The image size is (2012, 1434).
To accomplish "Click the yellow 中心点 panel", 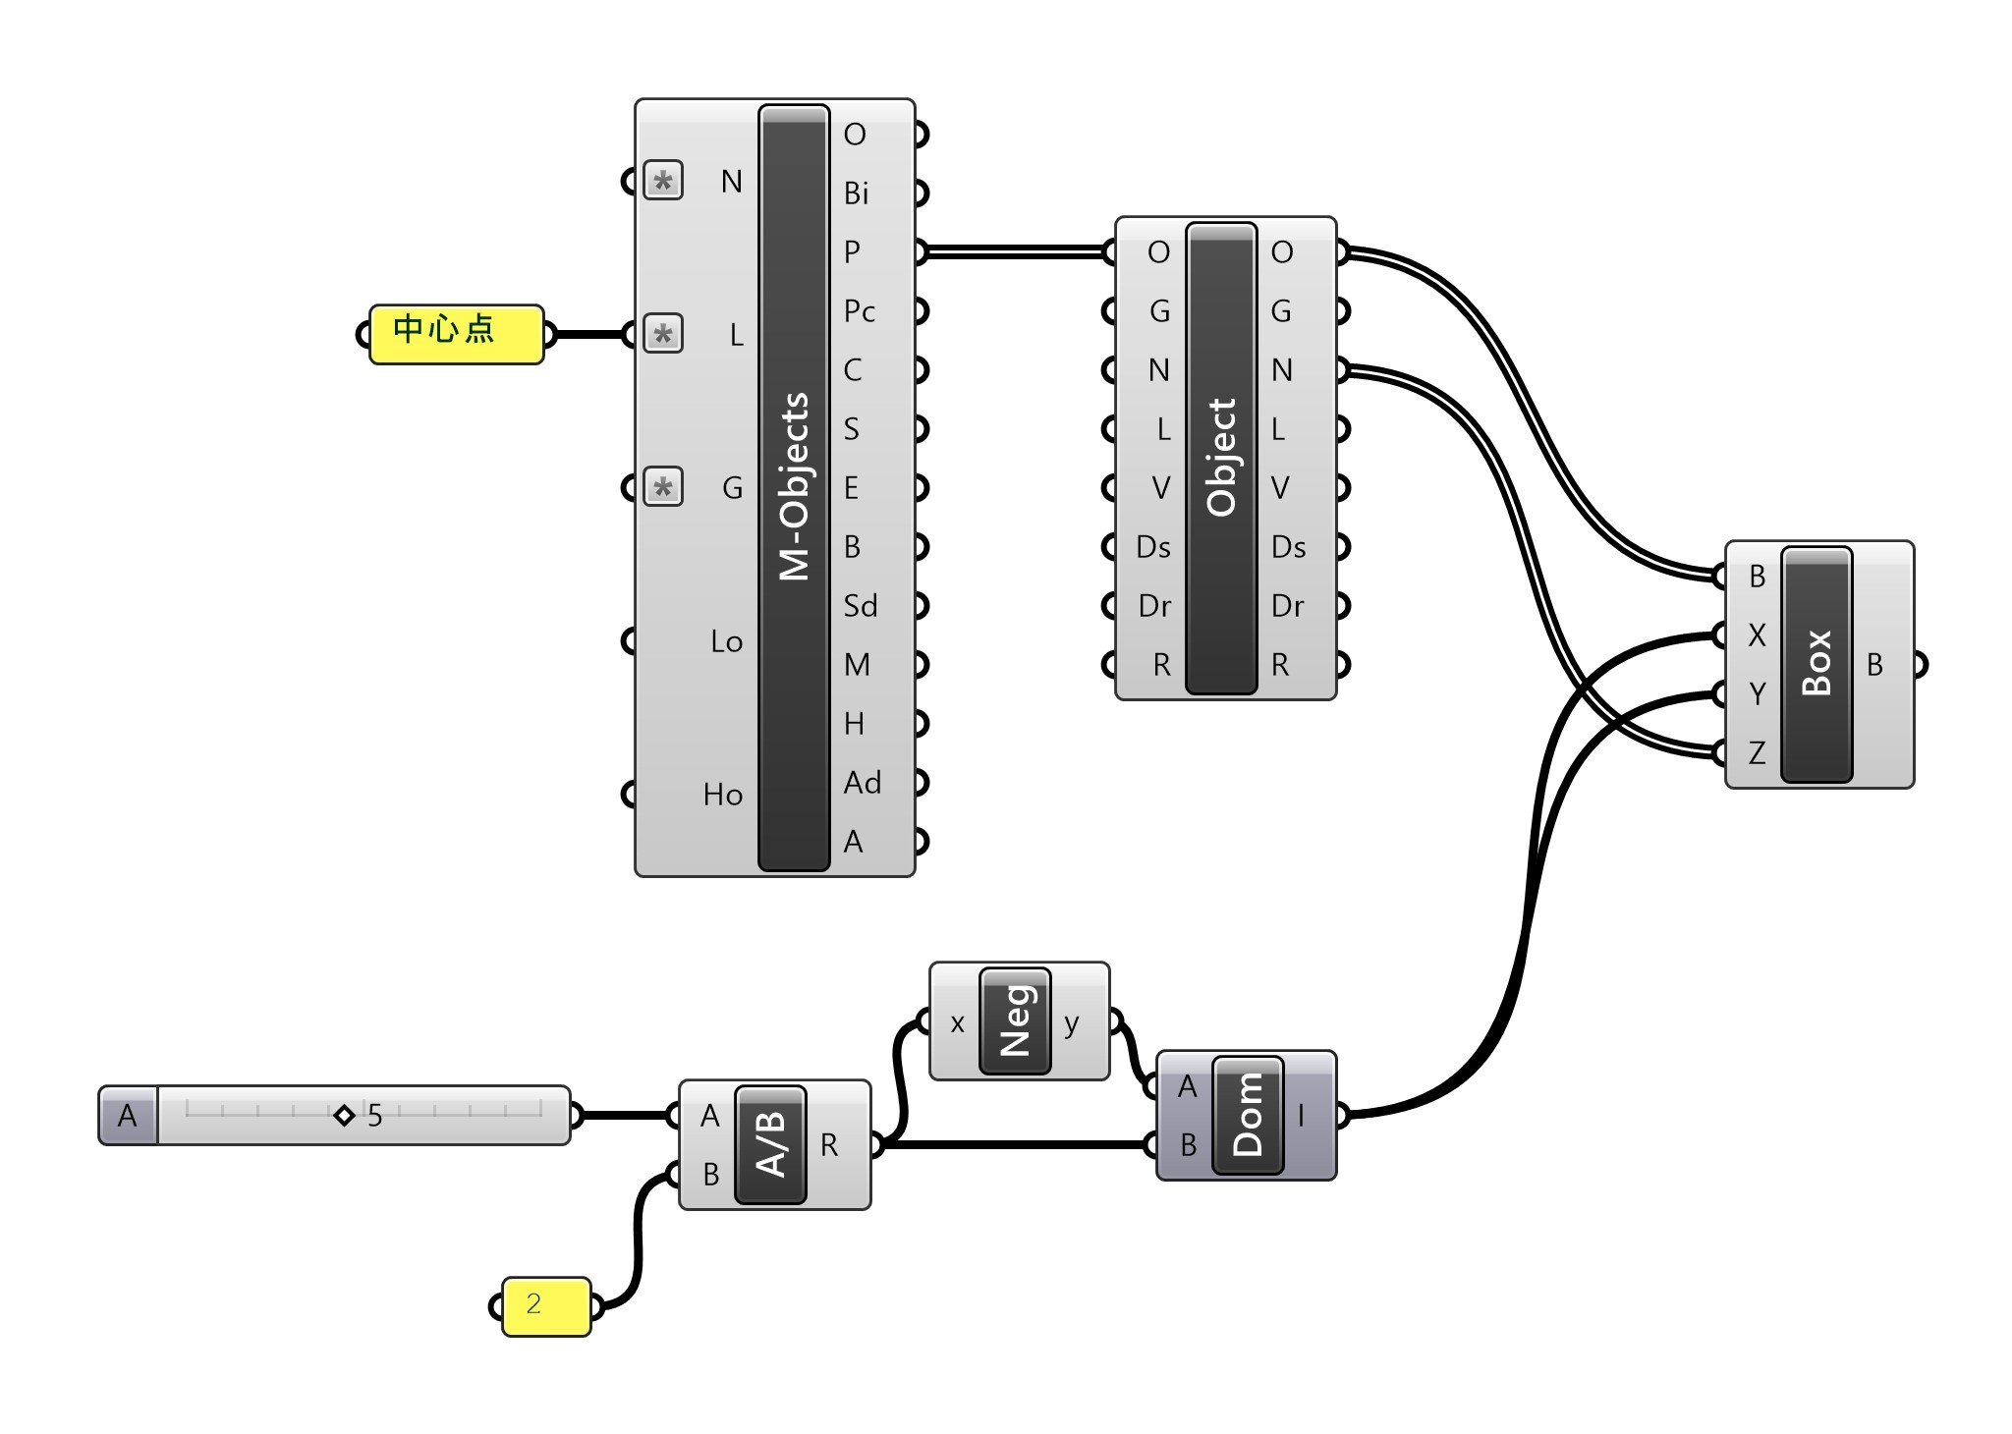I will tap(456, 334).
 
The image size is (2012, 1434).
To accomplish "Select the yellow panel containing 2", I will tap(546, 1306).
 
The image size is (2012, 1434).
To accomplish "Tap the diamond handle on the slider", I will tap(344, 1115).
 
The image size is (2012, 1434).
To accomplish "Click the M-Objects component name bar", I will tap(794, 487).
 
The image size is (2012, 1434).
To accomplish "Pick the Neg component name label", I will tap(1015, 1020).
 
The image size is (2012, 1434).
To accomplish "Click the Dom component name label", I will tap(1248, 1115).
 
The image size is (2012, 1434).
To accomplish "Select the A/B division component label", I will tap(771, 1144).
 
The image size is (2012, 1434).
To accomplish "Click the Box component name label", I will tap(1816, 664).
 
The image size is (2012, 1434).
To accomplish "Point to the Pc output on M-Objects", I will tap(859, 311).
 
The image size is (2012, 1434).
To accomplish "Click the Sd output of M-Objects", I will tap(860, 606).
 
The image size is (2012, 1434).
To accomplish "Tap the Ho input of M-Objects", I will tap(723, 795).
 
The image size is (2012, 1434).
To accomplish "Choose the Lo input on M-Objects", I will tap(726, 642).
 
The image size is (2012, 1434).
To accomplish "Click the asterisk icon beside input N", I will tap(663, 182).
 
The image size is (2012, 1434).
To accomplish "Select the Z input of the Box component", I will tap(1757, 753).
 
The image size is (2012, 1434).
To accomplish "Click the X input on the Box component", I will tap(1757, 635).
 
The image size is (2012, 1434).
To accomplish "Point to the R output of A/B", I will tap(829, 1145).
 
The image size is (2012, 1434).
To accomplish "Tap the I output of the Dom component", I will tap(1302, 1115).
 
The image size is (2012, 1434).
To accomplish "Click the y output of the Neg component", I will tap(1072, 1022).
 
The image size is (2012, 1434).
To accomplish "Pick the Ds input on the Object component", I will tap(1152, 547).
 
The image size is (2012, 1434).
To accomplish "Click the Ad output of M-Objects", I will tap(862, 783).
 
